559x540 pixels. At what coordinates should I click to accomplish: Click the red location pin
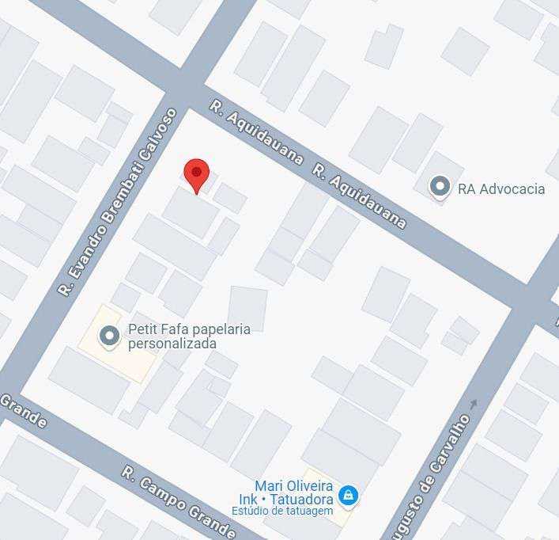pos(196,173)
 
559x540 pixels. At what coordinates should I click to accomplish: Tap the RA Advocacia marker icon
pos(439,187)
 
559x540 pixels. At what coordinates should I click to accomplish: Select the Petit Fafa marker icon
pos(110,337)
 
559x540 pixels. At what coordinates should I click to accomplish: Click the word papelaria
pos(217,329)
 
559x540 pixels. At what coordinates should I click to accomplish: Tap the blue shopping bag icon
pos(347,496)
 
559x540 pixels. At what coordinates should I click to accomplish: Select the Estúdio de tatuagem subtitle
pos(281,511)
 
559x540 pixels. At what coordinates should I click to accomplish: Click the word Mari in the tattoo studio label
pos(270,485)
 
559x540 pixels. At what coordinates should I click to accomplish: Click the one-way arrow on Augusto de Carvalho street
pos(474,405)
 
